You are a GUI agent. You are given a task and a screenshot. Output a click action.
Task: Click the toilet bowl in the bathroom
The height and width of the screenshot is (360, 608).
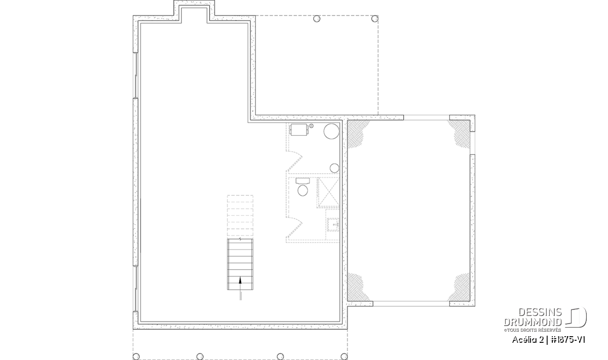tap(302, 190)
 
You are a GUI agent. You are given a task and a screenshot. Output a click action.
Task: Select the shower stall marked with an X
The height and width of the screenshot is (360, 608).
tap(328, 192)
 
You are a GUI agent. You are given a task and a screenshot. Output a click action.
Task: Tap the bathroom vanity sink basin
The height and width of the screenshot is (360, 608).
tap(332, 225)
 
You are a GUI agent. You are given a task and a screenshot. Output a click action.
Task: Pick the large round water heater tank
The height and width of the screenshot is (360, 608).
tap(331, 132)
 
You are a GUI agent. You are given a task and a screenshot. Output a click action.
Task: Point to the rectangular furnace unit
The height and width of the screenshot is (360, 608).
tap(298, 130)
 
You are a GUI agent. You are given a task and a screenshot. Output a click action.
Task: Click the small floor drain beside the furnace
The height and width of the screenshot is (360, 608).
tap(311, 126)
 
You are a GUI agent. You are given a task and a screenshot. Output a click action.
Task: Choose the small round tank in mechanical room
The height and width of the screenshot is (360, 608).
tap(334, 168)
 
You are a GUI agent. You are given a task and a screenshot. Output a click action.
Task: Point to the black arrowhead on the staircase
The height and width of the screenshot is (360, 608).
tap(240, 280)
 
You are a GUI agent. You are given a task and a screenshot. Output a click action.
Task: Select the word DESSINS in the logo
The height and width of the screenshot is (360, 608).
tap(540, 312)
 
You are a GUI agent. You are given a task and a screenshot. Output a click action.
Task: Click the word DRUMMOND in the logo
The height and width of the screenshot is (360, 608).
tap(533, 322)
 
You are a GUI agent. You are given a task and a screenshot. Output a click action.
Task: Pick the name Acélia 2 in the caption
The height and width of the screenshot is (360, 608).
tap(528, 340)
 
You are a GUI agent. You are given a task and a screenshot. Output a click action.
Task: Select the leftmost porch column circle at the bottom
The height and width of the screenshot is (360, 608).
tap(136, 356)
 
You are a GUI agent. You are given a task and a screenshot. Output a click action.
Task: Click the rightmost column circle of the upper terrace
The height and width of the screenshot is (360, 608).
tap(374, 19)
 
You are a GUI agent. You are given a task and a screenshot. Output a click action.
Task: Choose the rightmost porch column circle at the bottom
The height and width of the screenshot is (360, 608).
tap(344, 356)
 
